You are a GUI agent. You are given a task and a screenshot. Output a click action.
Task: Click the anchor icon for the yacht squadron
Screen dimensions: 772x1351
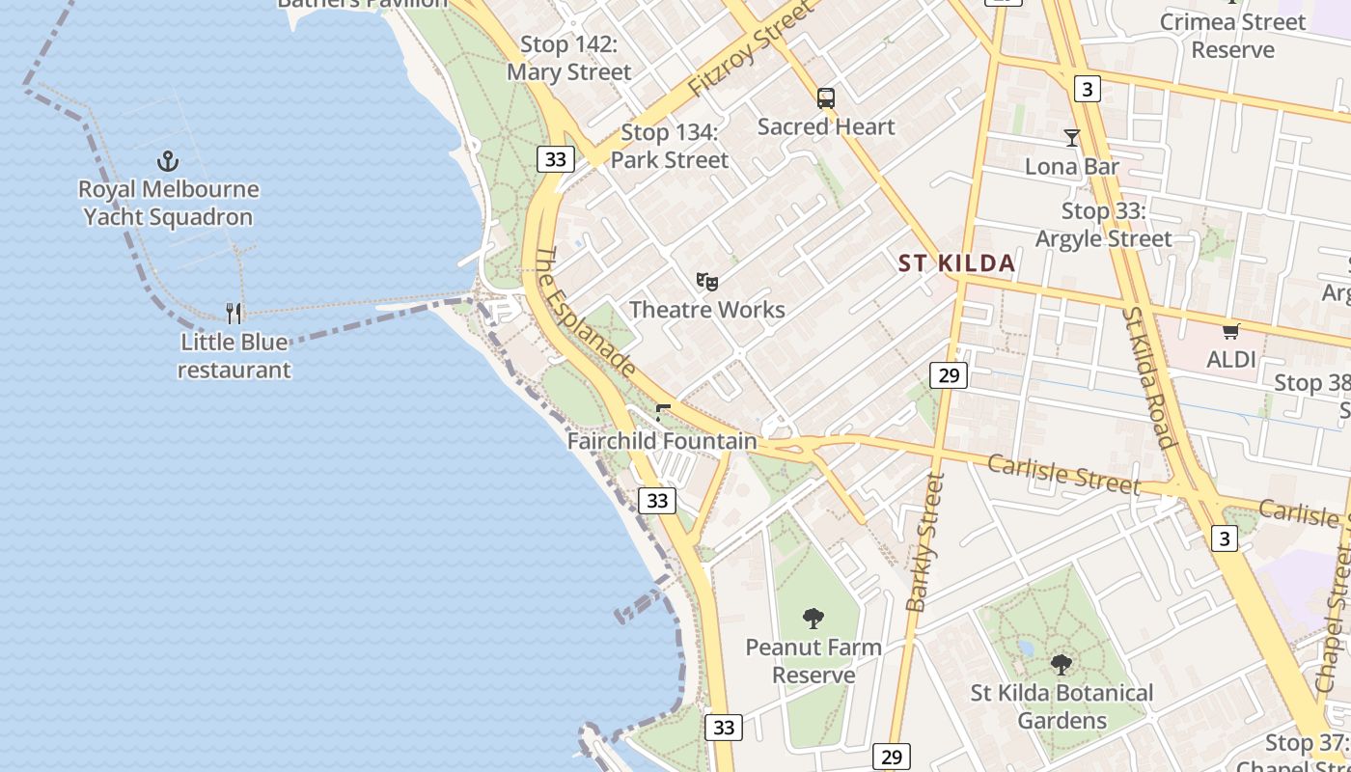tap(169, 160)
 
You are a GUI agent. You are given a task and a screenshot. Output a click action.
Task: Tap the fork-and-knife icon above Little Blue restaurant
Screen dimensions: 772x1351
tap(234, 313)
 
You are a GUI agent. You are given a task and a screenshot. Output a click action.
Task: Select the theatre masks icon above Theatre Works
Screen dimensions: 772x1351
tap(707, 282)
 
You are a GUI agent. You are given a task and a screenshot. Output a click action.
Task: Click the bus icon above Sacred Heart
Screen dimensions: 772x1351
tap(826, 97)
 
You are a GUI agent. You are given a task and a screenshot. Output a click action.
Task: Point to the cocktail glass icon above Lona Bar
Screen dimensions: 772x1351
tap(1071, 137)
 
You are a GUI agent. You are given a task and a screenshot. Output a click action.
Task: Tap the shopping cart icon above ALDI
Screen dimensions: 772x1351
tap(1230, 332)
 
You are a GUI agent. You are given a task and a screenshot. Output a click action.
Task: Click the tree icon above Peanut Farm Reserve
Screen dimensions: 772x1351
tap(813, 619)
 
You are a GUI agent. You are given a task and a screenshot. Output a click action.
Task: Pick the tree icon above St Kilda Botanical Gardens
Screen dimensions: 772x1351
tap(1061, 664)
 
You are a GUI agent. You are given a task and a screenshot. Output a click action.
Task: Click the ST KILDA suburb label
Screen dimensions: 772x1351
tap(956, 263)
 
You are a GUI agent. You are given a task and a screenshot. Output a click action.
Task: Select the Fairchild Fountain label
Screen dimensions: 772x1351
tap(662, 441)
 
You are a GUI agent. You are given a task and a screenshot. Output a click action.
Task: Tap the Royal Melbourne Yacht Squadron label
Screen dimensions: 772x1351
tap(169, 204)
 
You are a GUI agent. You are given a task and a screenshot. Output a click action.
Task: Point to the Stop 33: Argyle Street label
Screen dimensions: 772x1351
tap(1103, 225)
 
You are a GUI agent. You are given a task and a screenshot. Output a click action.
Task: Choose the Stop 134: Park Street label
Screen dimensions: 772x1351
tap(670, 146)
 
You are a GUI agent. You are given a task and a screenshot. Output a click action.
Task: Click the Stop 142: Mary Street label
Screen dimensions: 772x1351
tap(569, 58)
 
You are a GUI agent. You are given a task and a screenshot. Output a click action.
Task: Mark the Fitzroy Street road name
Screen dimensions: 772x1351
tap(751, 49)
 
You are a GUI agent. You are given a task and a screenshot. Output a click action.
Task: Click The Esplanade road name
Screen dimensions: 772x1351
tap(585, 312)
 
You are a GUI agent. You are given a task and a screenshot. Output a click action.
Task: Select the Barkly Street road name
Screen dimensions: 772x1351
tap(924, 542)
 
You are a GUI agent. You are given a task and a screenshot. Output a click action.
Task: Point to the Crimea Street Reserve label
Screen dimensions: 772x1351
tap(1232, 36)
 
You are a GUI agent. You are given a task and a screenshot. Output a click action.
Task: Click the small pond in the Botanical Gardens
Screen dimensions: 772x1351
tap(1025, 648)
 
